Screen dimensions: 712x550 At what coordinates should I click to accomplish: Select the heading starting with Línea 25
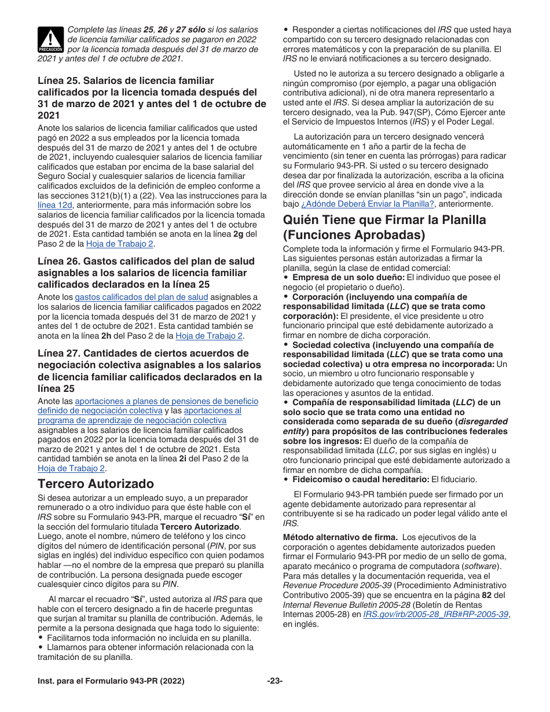click(152, 98)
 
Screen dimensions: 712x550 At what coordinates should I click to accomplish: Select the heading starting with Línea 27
click(149, 370)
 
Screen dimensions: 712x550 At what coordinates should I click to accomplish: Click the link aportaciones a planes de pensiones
click(167, 401)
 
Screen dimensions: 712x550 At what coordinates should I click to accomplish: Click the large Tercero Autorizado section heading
click(96, 483)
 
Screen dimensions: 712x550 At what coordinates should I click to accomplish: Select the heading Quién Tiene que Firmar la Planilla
click(384, 227)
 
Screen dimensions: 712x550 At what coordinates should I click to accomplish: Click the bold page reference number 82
click(487, 594)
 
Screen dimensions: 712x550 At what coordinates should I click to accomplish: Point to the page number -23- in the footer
click(274, 681)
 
